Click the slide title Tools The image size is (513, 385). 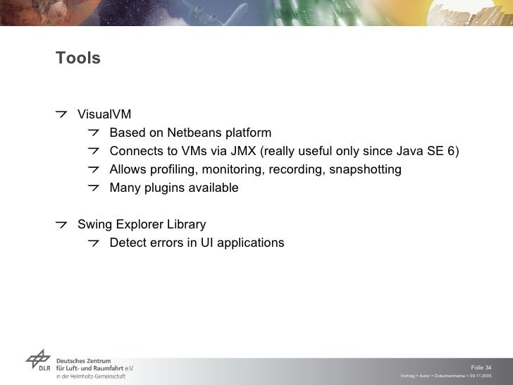pyautogui.click(x=78, y=59)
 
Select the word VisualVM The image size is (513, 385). pyautogui.click(x=104, y=115)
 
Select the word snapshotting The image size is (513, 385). pyautogui.click(x=365, y=170)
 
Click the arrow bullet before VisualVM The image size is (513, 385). pyautogui.click(x=63, y=114)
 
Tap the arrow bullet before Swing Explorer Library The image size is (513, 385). pyautogui.click(x=63, y=224)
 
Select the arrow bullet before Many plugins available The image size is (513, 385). pyautogui.click(x=94, y=188)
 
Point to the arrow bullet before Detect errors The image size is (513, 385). pyautogui.click(x=94, y=243)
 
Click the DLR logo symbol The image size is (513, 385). pyautogui.click(x=38, y=362)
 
